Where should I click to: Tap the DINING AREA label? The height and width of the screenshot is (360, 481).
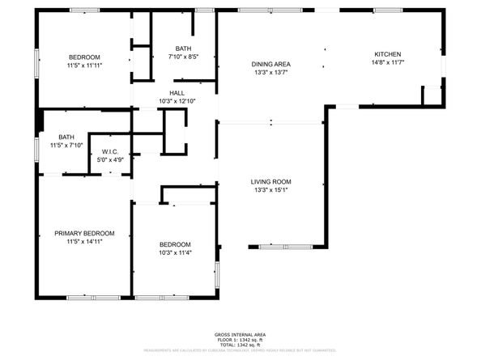(271, 64)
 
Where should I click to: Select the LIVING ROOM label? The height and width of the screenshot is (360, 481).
(271, 182)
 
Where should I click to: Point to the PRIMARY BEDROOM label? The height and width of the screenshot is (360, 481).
(84, 233)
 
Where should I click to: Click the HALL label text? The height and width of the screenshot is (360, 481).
(177, 93)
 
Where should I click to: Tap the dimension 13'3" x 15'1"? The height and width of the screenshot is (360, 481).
(271, 190)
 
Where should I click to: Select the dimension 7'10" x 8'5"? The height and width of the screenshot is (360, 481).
(182, 57)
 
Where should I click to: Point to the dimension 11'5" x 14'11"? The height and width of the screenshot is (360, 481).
(84, 241)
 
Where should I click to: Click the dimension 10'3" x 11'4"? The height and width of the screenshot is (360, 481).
(174, 252)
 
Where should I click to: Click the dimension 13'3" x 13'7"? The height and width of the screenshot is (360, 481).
(271, 72)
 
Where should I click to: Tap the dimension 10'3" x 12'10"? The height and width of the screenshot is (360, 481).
(177, 100)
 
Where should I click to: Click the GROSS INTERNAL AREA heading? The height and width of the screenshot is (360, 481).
(240, 334)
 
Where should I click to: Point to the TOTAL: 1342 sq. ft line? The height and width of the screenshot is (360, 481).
(240, 345)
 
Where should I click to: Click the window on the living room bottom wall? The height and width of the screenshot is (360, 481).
(288, 246)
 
